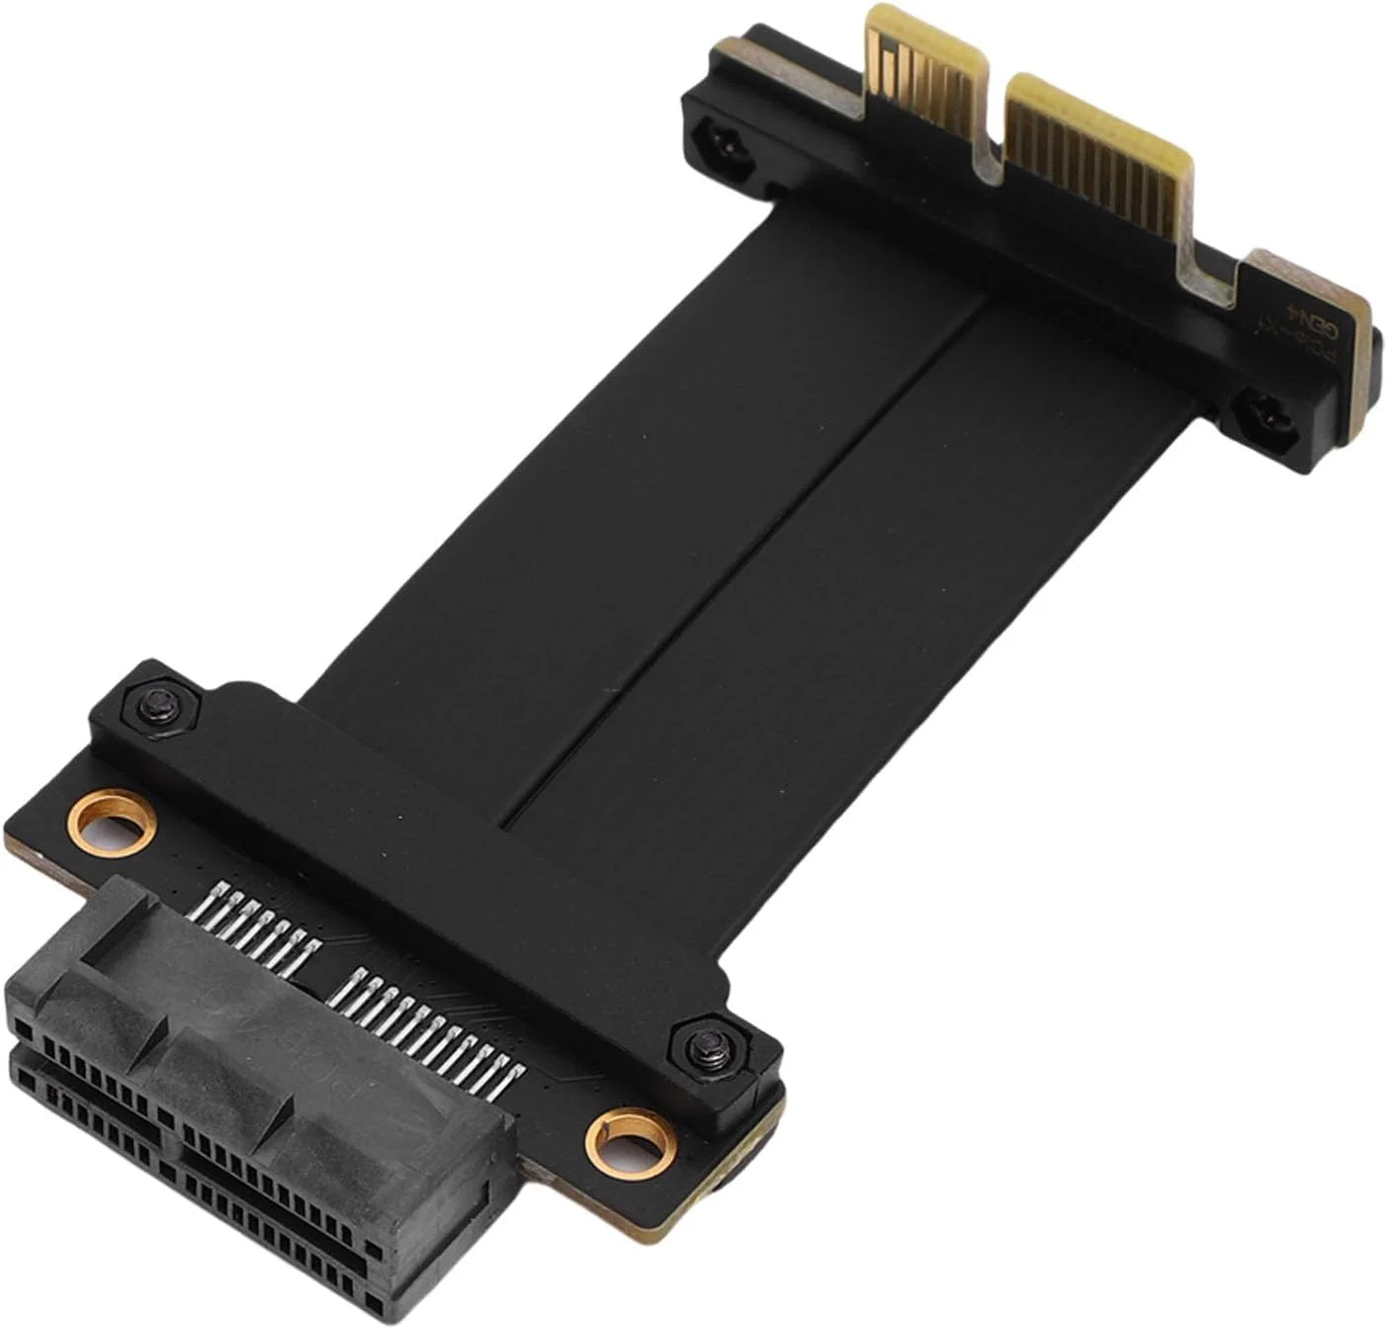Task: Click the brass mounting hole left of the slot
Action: (x=117, y=821)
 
